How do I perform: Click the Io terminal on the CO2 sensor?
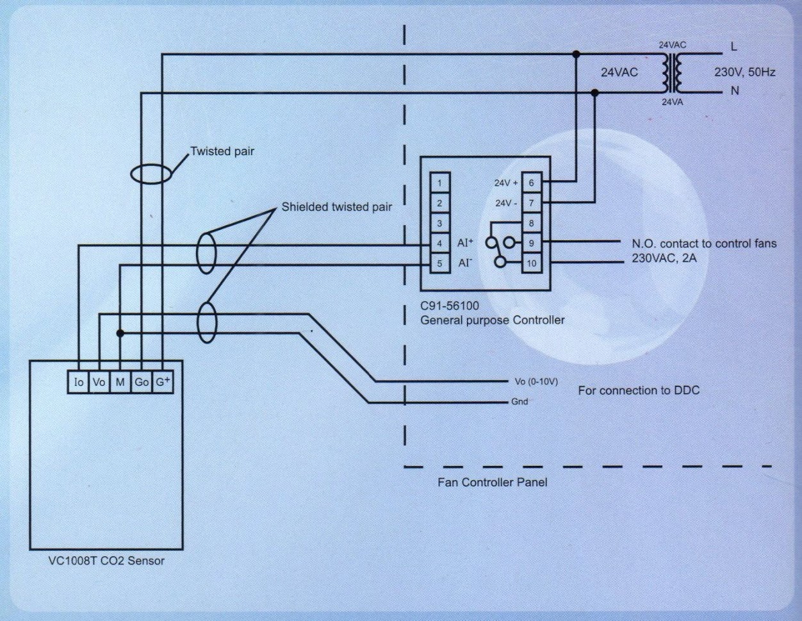[79, 382]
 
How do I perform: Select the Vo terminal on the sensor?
[99, 382]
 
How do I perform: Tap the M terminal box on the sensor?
[120, 382]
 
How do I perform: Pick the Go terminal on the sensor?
[142, 382]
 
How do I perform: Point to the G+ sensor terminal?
[163, 382]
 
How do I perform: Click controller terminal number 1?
[439, 183]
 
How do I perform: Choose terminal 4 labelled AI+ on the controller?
[439, 244]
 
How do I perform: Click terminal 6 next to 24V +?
[532, 183]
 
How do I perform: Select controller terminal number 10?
[532, 263]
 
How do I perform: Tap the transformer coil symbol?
[673, 72]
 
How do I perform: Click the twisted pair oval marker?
[151, 174]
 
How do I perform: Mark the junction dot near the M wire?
[120, 333]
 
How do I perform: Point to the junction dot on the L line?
[576, 54]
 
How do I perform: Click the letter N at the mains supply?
[735, 90]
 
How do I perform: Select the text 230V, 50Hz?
[744, 72]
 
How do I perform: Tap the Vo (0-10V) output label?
[536, 381]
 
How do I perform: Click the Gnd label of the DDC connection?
[520, 401]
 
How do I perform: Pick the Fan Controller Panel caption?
[493, 482]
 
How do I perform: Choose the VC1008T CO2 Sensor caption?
[106, 561]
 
